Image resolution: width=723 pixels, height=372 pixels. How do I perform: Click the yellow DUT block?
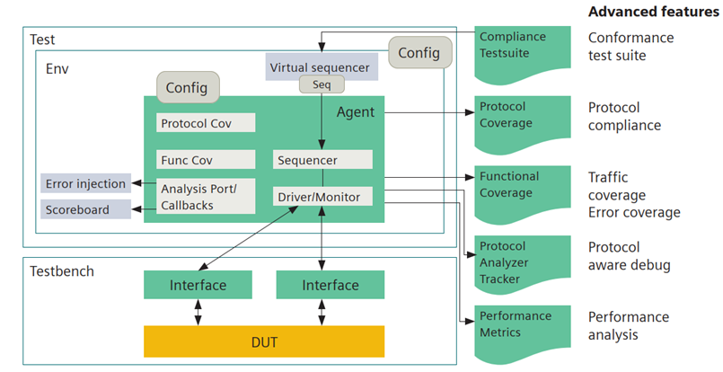pos(263,341)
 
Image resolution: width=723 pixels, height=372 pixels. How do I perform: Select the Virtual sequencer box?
pos(319,66)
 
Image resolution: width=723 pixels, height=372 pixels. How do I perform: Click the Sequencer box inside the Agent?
pos(322,160)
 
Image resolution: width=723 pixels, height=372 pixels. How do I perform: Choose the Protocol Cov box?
pos(206,123)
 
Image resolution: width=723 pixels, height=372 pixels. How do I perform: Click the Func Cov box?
pos(206,160)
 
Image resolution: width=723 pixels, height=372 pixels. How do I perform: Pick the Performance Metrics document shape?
pos(522,325)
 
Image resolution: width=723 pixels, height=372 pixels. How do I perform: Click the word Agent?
pos(355,112)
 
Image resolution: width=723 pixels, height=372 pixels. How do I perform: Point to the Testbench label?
pos(62,270)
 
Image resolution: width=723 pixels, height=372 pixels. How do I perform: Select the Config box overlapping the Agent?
pos(187,87)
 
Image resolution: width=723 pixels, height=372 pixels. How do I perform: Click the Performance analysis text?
pos(629,325)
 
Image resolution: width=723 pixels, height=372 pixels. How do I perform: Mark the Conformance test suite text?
pos(630,47)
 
